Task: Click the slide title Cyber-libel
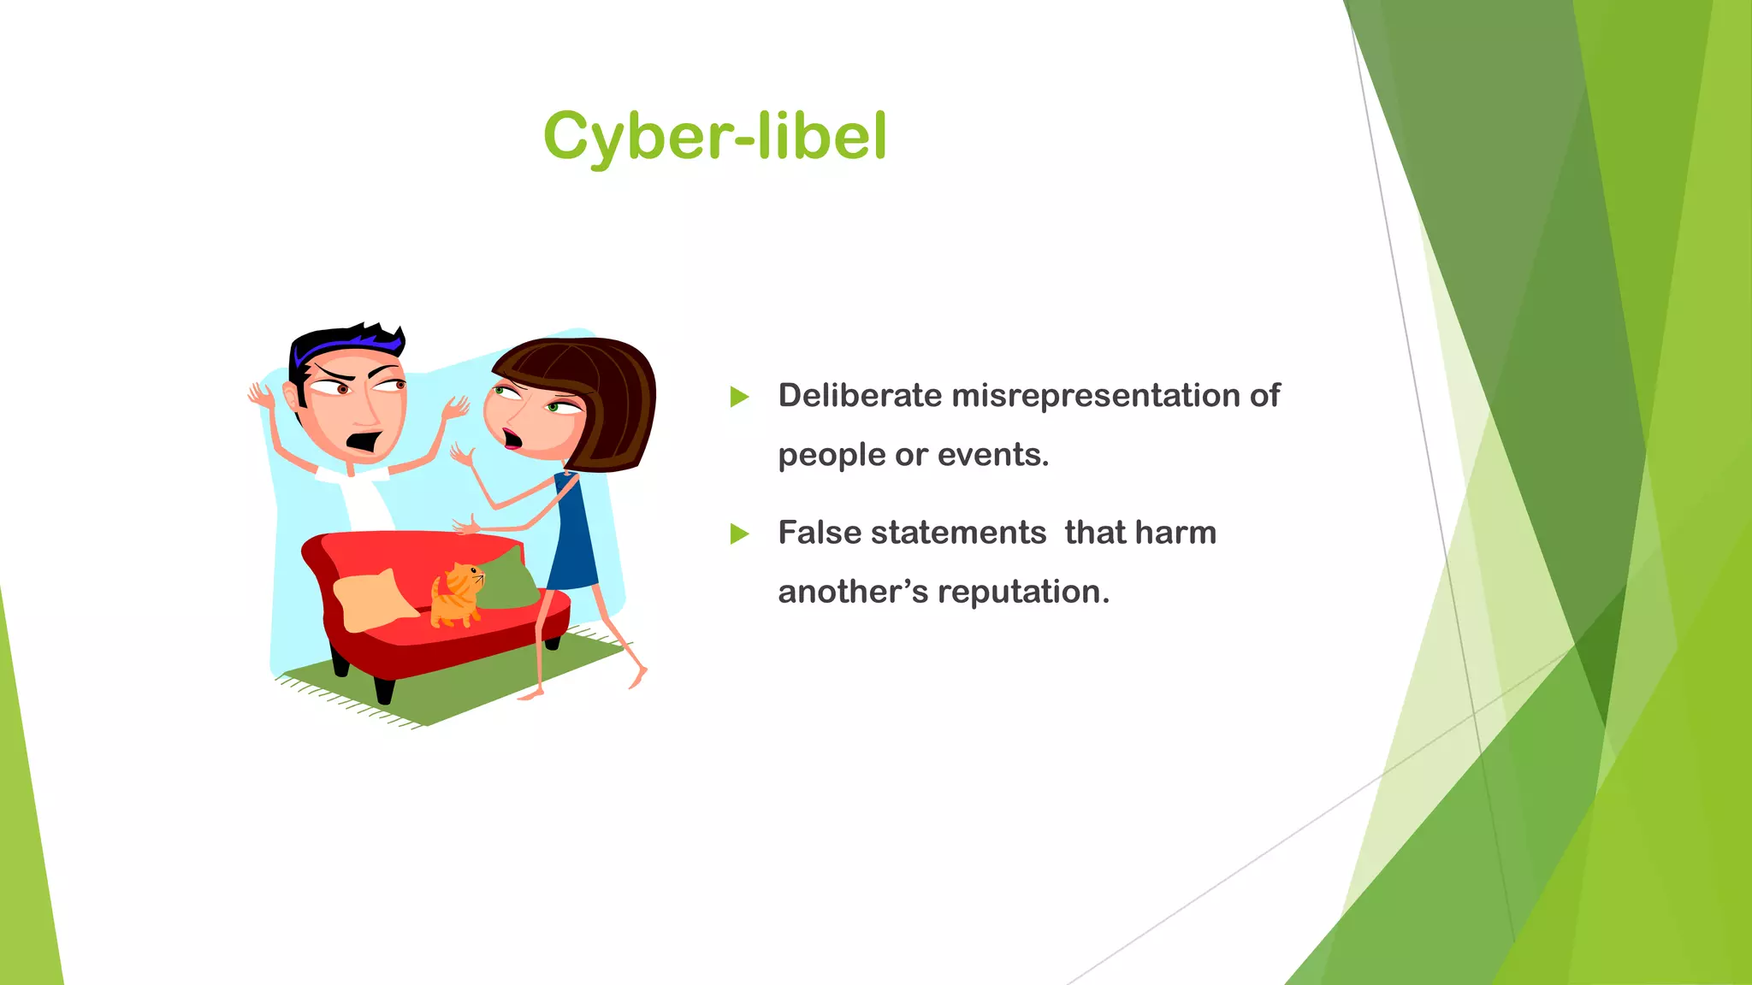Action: point(715,137)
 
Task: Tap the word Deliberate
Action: point(859,396)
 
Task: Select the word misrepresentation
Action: point(1095,396)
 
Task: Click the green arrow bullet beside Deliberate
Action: point(740,397)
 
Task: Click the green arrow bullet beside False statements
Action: point(740,534)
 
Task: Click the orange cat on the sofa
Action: point(456,596)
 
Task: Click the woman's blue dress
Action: point(573,539)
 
